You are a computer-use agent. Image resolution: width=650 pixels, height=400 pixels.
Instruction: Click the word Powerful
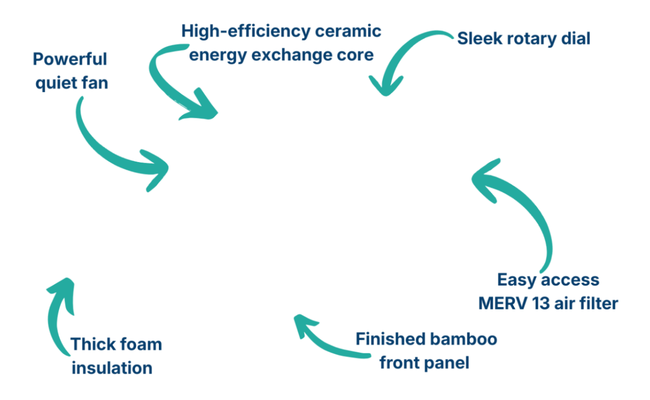(x=70, y=60)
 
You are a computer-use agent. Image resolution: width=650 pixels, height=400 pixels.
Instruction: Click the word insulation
(x=112, y=368)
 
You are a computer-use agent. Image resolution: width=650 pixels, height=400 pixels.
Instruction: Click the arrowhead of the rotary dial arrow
(x=384, y=88)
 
